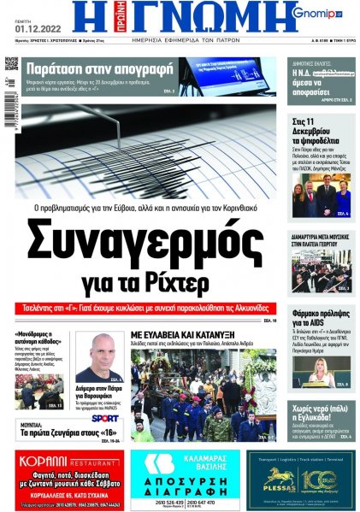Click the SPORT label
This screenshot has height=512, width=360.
pyautogui.click(x=104, y=419)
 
